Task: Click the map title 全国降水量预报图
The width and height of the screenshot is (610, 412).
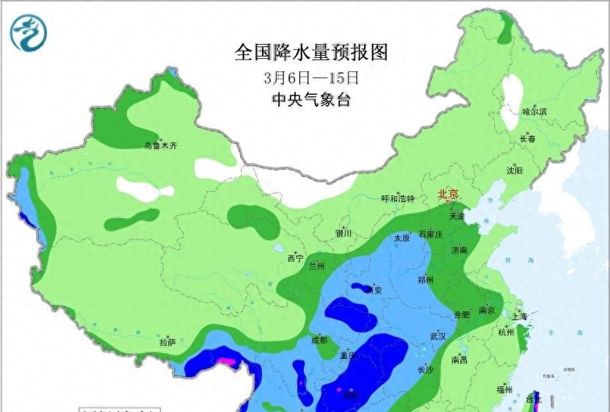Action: tap(311, 53)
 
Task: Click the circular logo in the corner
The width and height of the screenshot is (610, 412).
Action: tap(29, 33)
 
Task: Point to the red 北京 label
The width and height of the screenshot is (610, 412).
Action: tap(448, 195)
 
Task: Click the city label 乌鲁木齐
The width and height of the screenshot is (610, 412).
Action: tap(160, 146)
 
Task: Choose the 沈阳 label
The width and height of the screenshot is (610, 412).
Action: tap(515, 170)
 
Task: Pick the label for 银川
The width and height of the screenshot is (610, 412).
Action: tap(344, 234)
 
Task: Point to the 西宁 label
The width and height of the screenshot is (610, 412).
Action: tap(295, 258)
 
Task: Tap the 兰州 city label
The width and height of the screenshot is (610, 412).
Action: tap(317, 265)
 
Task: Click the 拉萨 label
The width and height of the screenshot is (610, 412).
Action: tap(167, 342)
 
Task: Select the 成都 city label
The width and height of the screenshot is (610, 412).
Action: tap(319, 340)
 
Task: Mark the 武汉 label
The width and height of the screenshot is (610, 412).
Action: tap(438, 336)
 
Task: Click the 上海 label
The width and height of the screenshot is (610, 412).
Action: tap(520, 317)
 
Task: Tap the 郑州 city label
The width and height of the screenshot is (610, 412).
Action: tap(426, 280)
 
